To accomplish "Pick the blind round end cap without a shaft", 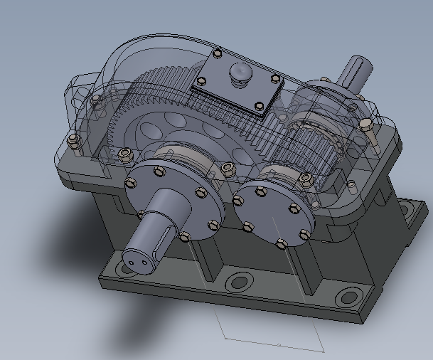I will coord(274,206).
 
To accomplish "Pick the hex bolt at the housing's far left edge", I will coord(73,144).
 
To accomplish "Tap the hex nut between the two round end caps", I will coord(228,169).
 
